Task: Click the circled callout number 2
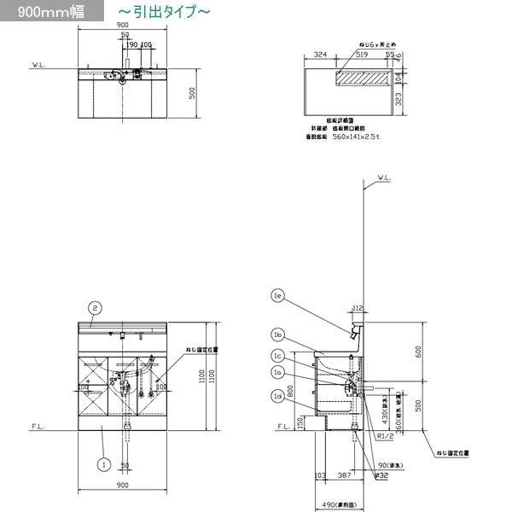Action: pos(96,307)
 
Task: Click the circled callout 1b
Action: pos(278,335)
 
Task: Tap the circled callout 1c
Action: pos(278,356)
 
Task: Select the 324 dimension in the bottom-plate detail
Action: pos(321,54)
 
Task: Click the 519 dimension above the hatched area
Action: pos(362,54)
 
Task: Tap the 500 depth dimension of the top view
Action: pos(193,92)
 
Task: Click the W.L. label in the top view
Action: pos(38,64)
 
